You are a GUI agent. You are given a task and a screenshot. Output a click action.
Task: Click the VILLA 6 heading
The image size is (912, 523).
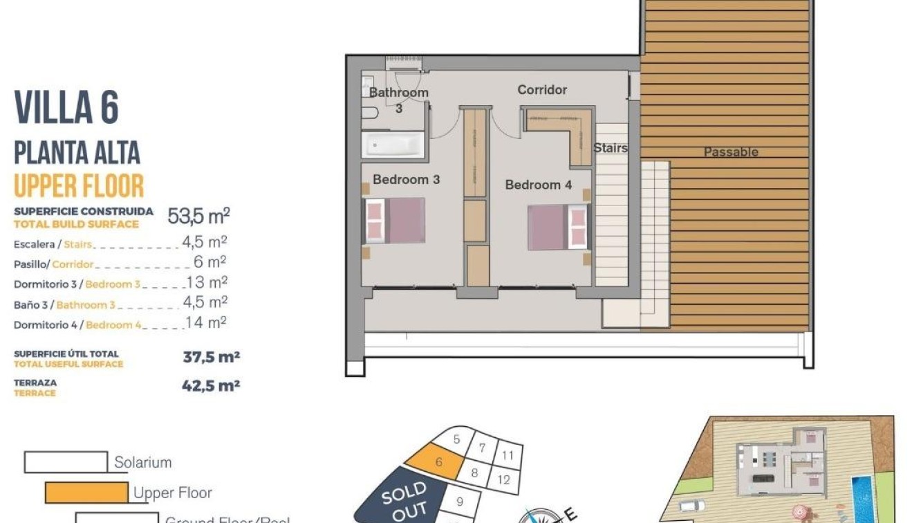66,108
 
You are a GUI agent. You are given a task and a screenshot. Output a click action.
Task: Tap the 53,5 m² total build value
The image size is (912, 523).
198,217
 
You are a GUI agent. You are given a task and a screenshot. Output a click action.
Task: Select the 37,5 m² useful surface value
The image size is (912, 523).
210,358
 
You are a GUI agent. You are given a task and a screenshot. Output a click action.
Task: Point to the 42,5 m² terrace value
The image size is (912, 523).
210,386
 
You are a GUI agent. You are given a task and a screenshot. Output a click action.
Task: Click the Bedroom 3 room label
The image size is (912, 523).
406,180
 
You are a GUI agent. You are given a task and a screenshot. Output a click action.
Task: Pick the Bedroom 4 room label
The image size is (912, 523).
538,185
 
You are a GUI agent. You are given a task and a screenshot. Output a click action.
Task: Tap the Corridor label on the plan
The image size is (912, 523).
542,90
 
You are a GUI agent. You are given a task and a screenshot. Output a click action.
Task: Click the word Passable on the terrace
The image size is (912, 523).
730,152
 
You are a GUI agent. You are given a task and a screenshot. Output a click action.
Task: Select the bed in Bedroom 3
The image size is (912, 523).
395,221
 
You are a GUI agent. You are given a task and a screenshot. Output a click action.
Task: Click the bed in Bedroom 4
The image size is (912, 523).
557,227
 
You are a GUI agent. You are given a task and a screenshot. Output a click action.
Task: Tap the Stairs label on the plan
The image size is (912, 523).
610,148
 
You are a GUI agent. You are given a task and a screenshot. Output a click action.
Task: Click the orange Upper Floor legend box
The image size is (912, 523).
86,493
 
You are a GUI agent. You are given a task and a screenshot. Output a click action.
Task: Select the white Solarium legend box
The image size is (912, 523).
66,462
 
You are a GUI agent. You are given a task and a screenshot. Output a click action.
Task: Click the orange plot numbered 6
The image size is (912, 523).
434,463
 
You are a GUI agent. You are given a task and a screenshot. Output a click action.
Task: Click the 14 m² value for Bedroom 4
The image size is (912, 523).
206,322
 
